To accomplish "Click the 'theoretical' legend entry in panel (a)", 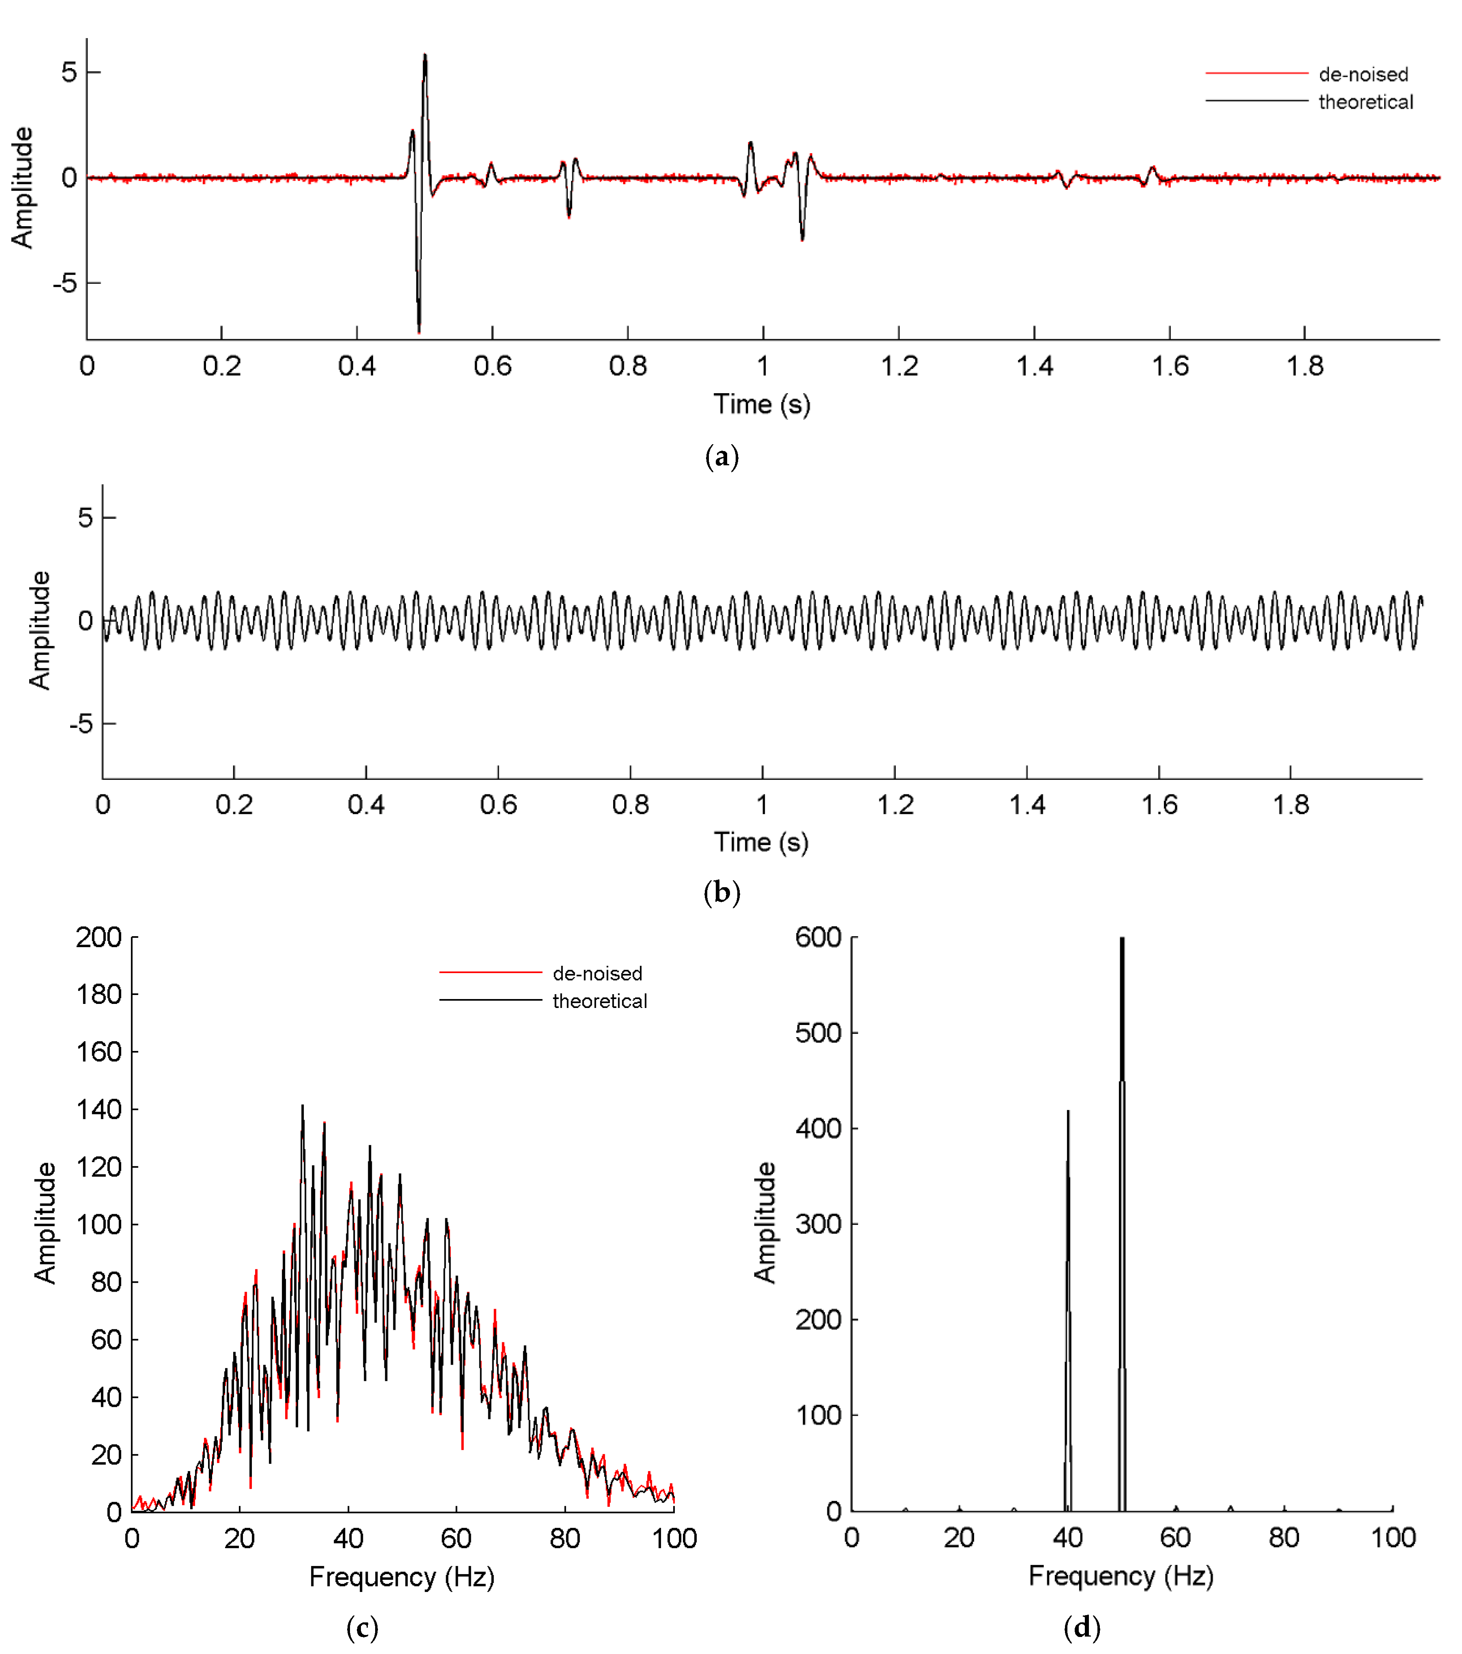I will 1365,102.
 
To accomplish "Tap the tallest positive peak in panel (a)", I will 425,56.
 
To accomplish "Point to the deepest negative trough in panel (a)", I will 419,330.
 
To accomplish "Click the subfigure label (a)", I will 721,457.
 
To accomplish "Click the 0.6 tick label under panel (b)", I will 498,805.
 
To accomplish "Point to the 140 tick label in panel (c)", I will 99,1109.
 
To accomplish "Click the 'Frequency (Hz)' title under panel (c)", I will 401,1576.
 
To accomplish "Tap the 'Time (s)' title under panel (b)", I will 761,842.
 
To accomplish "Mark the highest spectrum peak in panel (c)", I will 303,1106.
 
